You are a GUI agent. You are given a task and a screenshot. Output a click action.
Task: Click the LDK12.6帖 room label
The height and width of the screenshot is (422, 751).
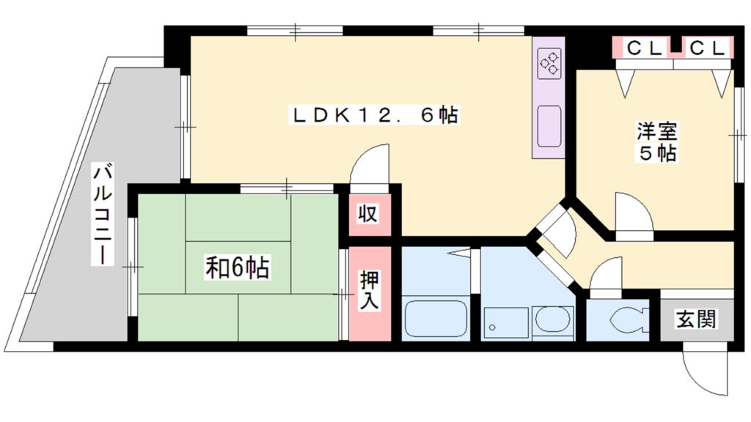[x=375, y=116]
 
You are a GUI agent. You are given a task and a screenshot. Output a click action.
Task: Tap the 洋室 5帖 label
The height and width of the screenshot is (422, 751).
[x=656, y=142]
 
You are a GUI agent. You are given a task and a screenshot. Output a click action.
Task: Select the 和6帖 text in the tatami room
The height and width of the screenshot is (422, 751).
[x=237, y=268]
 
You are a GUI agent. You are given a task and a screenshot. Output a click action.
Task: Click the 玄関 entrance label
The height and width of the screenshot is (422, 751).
[x=696, y=319]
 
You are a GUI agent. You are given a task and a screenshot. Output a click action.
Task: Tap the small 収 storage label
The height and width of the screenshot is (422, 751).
[x=368, y=215]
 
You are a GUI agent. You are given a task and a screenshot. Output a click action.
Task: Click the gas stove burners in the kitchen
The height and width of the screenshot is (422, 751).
[x=549, y=64]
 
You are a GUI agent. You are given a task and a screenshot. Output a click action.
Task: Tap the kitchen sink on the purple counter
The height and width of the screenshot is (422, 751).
[x=549, y=125]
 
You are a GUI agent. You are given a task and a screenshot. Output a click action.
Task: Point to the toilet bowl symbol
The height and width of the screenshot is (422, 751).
[x=625, y=320]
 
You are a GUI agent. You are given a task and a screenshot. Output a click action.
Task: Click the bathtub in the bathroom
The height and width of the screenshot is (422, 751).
[x=436, y=319]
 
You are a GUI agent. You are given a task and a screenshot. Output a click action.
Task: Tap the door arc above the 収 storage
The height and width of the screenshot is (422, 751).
[x=373, y=164]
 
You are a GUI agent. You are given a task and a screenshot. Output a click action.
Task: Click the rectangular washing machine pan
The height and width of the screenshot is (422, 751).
[x=506, y=322]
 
